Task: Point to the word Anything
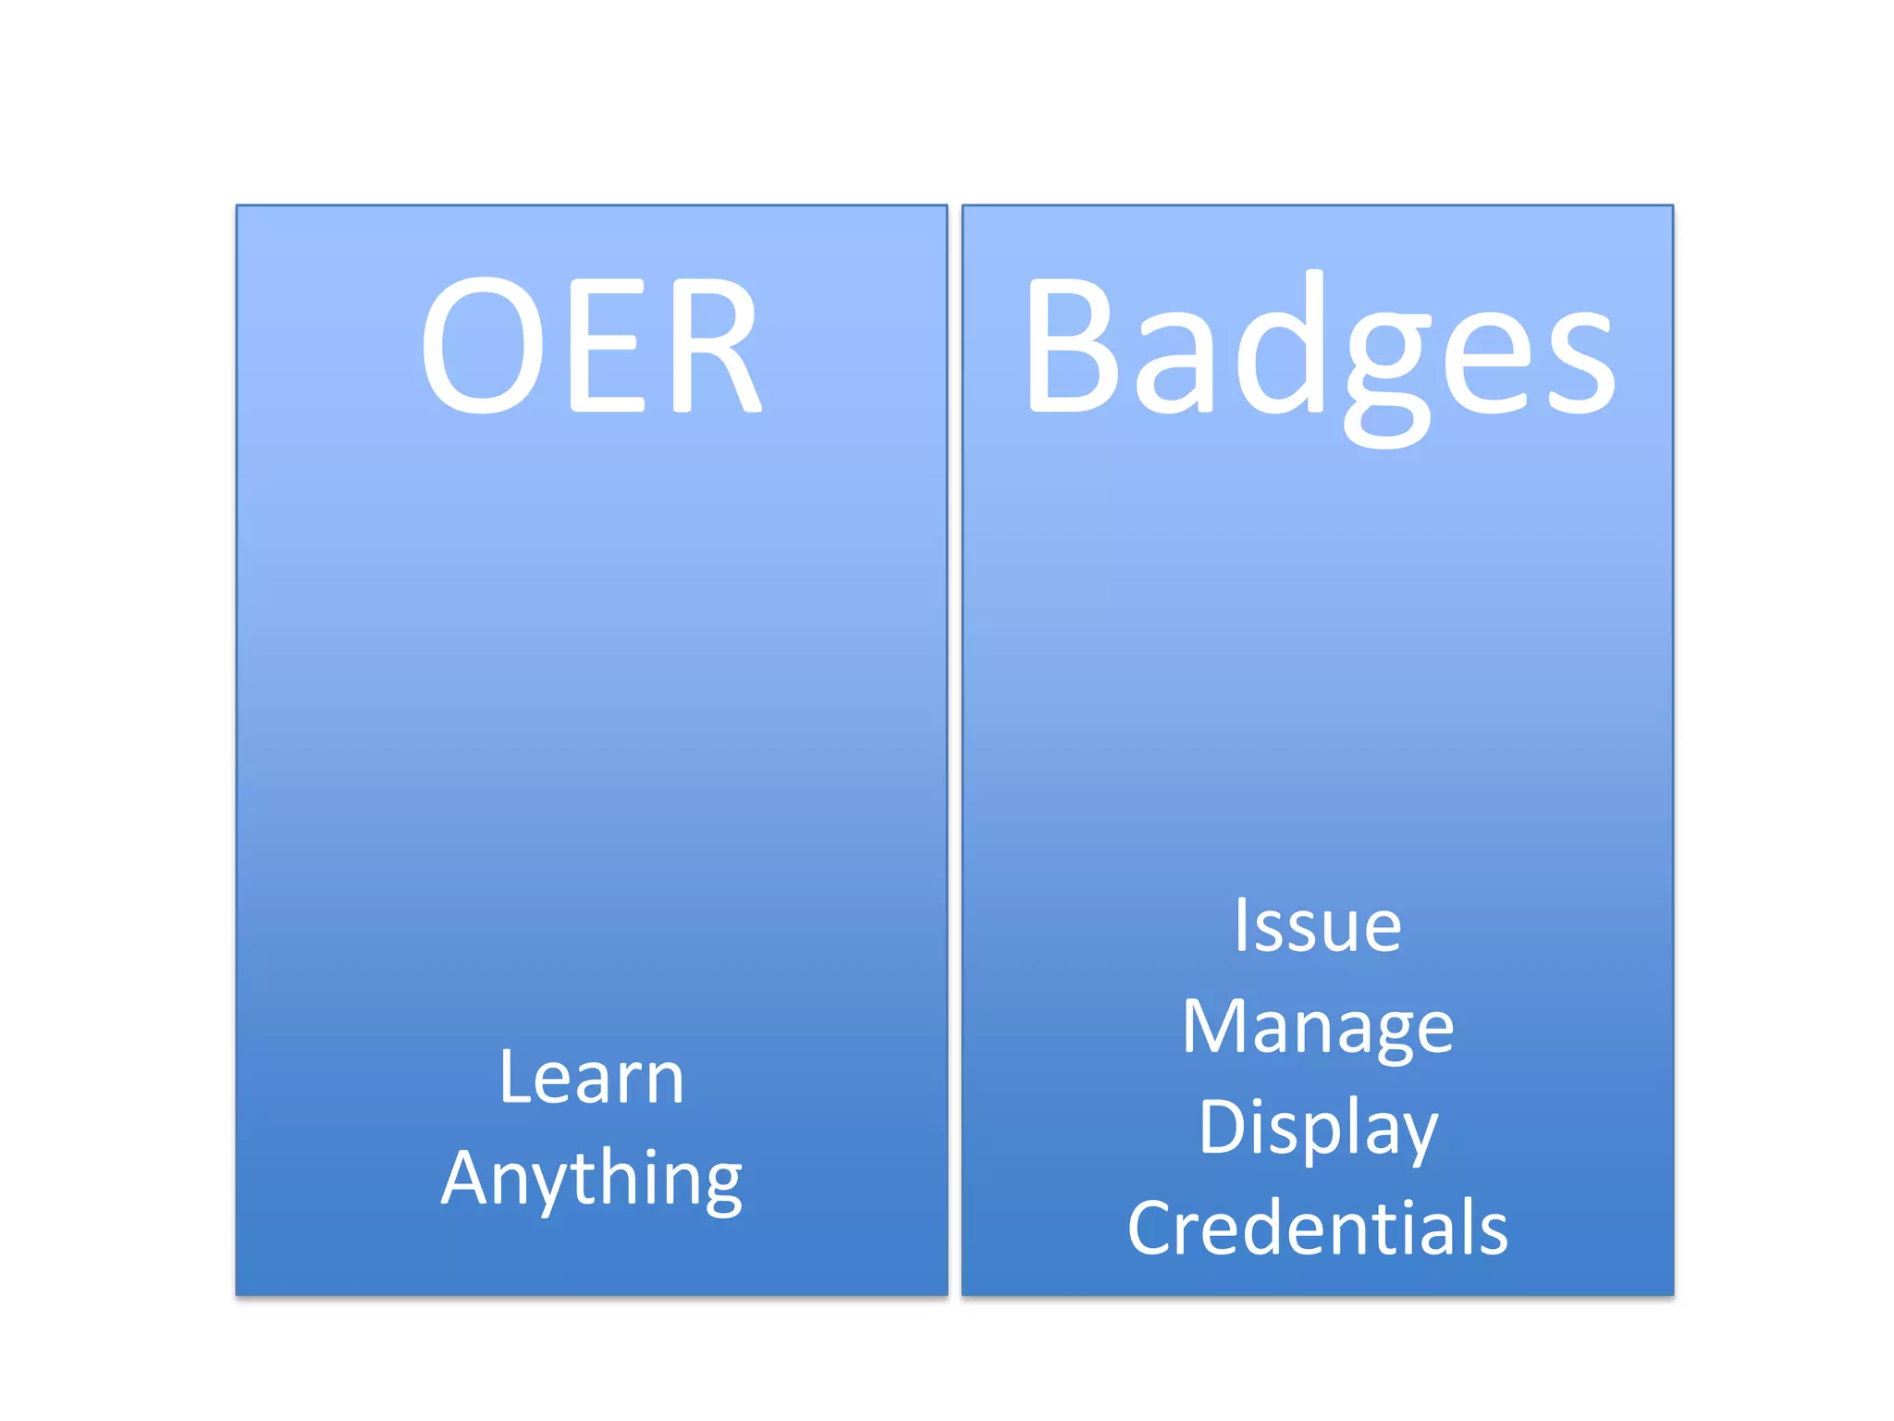[591, 1179]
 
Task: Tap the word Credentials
[1318, 1228]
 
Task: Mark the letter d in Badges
[1281, 342]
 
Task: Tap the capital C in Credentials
[1152, 1228]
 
